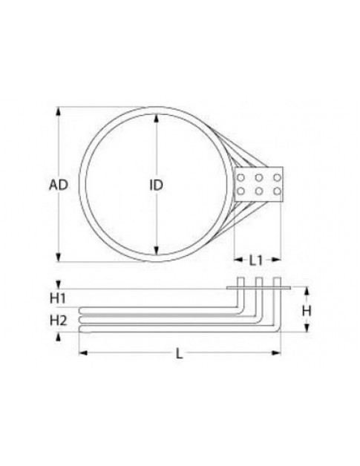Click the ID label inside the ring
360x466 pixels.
click(x=156, y=186)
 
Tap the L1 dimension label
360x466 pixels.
click(x=255, y=260)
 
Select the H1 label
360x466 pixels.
click(x=59, y=298)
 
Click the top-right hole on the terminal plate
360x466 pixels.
click(x=275, y=178)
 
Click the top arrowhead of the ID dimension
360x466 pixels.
click(x=156, y=122)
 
